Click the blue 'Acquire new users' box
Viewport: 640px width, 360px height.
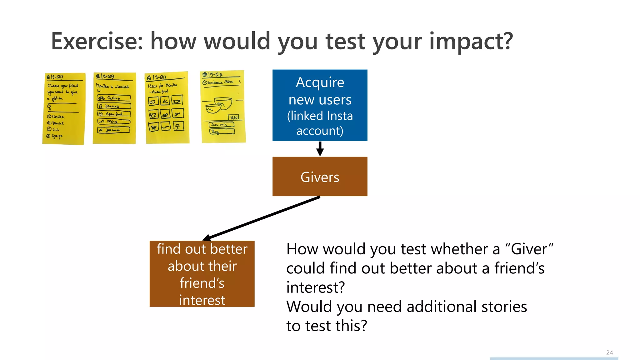click(320, 105)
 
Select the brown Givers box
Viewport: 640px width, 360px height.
click(320, 177)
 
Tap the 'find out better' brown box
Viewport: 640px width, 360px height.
click(202, 274)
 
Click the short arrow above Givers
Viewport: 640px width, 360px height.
click(320, 149)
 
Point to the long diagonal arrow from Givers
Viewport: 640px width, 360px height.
click(262, 218)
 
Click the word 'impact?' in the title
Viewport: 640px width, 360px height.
click(471, 42)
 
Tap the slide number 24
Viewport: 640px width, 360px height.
click(609, 353)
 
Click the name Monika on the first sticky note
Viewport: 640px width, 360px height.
click(58, 117)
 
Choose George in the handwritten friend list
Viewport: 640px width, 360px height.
click(57, 136)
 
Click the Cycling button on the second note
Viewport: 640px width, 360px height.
click(114, 98)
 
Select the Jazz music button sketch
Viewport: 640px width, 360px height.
click(114, 130)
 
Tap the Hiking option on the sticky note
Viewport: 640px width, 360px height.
click(114, 122)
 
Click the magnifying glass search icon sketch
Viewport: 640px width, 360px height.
click(49, 107)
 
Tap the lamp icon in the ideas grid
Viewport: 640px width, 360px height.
click(178, 126)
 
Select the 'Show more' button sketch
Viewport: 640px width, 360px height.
click(221, 125)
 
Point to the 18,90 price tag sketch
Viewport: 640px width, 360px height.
click(234, 117)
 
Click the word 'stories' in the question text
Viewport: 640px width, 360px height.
click(504, 307)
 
